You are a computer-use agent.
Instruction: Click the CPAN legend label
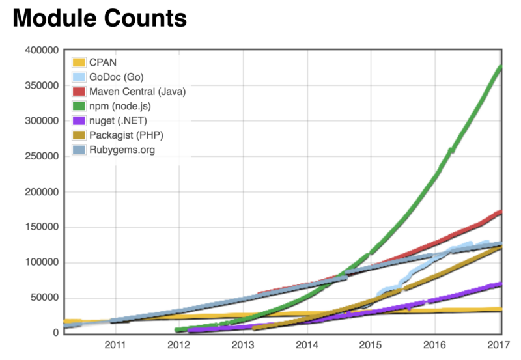104,63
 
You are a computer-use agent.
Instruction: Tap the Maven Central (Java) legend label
138,92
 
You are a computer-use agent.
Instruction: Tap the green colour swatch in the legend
79,107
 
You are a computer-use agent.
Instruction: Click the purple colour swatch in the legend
79,121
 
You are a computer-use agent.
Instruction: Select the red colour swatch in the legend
79,92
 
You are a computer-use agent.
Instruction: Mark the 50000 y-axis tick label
44,298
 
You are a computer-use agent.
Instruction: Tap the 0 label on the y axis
56,333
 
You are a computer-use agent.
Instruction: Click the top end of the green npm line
500,66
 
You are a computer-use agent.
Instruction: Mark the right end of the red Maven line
500,212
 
